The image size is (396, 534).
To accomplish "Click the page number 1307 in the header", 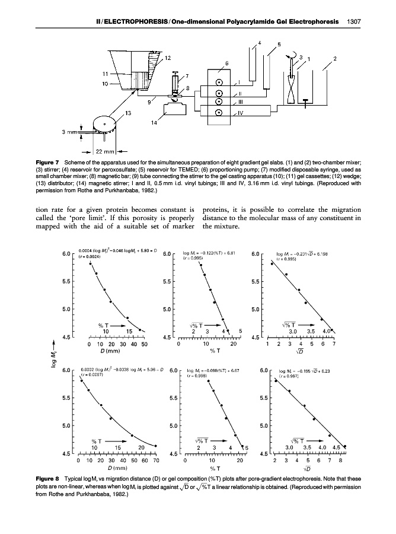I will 353,22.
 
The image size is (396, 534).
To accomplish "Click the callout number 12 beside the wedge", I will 168,57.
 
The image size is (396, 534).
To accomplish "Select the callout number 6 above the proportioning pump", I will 226,63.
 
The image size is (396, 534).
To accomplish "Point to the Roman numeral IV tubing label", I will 240,113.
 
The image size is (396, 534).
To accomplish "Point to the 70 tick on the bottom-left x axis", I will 156,460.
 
